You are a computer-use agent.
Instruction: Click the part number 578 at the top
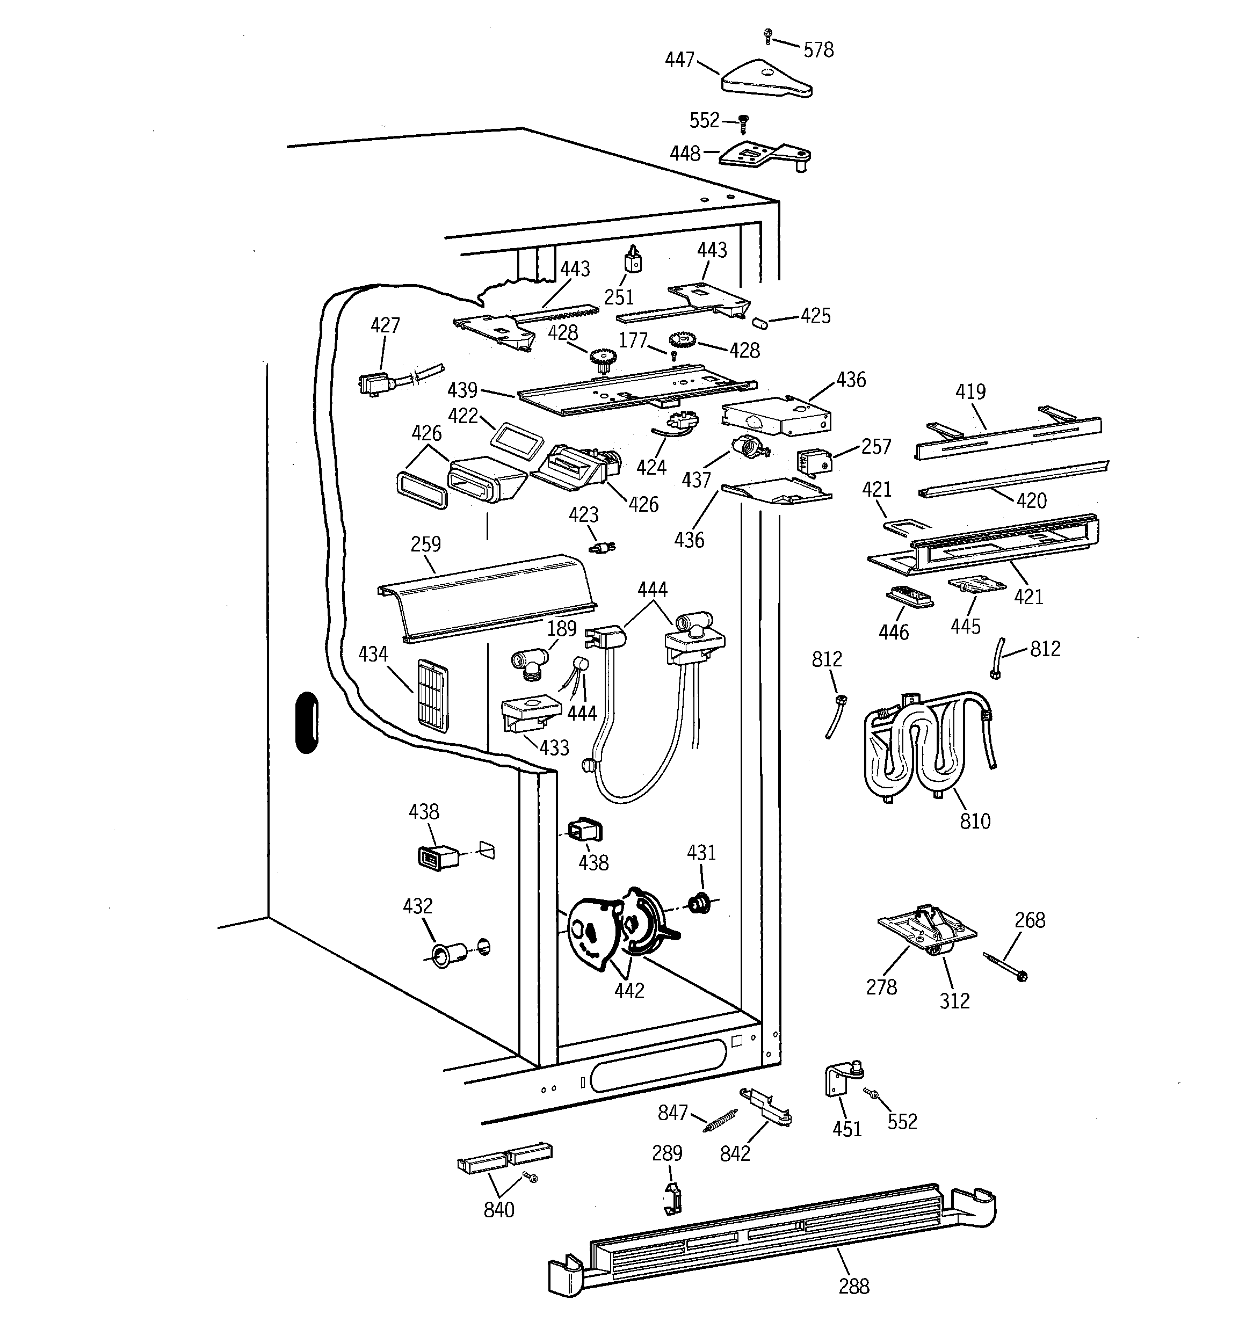pos(818,50)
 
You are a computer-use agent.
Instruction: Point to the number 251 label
pos(619,297)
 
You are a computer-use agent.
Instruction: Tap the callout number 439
pos(462,390)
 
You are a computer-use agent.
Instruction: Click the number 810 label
pos(974,821)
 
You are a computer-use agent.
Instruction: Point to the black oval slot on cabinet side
pos(306,723)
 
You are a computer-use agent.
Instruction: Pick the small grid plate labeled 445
pos(976,584)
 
